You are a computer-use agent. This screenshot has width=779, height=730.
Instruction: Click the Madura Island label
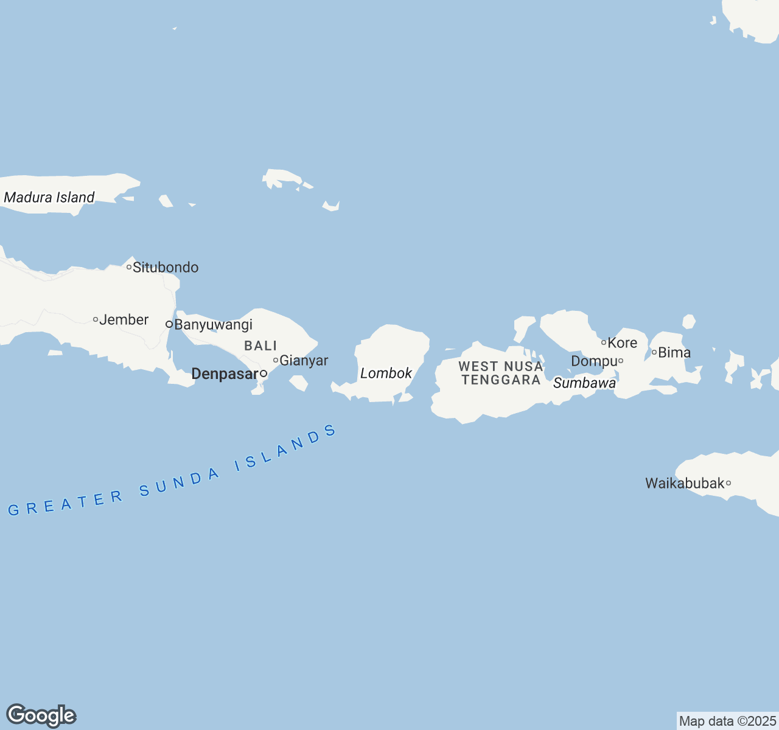tap(49, 197)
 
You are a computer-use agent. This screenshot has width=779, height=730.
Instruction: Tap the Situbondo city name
tap(166, 268)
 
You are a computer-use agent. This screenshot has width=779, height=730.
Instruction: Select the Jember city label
tap(124, 320)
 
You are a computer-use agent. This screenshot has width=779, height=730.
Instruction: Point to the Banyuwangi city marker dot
tap(169, 324)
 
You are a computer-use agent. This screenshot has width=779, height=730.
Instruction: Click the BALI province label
tap(260, 346)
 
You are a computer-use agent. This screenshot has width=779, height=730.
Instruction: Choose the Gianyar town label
tap(304, 361)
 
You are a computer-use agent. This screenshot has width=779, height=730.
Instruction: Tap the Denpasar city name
tap(225, 374)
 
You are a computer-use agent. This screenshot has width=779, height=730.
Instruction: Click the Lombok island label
tap(386, 374)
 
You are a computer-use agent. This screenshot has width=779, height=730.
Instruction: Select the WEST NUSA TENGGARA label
tap(501, 374)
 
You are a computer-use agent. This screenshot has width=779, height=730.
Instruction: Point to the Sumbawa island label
tap(584, 383)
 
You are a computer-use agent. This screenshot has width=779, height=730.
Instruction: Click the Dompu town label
tap(594, 361)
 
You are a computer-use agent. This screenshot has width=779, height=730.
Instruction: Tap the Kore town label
tap(623, 343)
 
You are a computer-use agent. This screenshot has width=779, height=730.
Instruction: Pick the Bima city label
tap(674, 353)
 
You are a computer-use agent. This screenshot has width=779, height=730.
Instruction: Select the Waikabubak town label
tap(685, 484)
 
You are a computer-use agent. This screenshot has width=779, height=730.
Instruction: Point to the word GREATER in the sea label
tap(66, 503)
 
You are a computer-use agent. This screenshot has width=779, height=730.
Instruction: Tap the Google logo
tap(41, 716)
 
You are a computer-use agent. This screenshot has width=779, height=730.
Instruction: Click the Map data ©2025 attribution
tap(727, 721)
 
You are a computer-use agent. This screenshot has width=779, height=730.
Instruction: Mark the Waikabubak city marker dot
tap(728, 484)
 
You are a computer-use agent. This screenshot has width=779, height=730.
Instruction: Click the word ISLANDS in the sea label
tap(287, 449)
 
